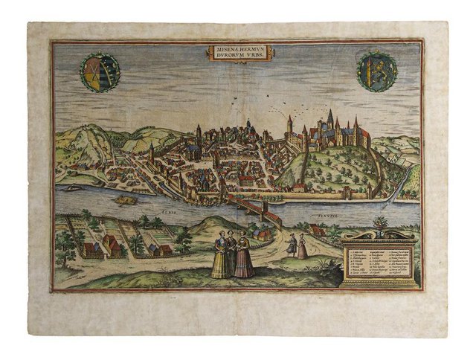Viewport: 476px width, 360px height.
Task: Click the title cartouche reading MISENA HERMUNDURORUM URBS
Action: pyautogui.click(x=238, y=53)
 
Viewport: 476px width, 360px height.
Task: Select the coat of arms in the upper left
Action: pyautogui.click(x=97, y=71)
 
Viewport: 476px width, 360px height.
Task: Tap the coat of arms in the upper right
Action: pyautogui.click(x=376, y=71)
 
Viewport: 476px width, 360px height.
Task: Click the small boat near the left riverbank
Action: pyautogui.click(x=72, y=188)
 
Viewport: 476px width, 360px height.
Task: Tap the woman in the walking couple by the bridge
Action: pyautogui.click(x=302, y=247)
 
